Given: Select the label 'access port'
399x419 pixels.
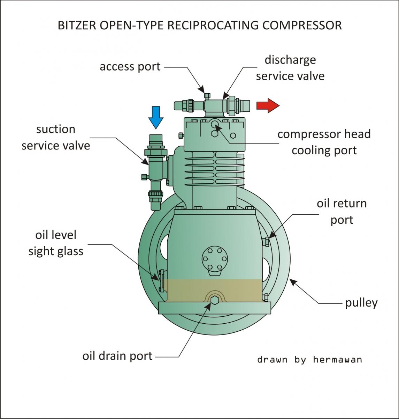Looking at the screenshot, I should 130,66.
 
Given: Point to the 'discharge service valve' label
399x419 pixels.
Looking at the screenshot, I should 290,68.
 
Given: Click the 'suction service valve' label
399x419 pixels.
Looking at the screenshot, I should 56,137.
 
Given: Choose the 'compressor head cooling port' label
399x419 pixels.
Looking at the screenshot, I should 324,142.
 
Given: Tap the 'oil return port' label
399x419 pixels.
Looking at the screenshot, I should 342,212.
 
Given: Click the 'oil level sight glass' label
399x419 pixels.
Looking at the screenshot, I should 56,243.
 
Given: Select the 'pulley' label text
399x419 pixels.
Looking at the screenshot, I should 361,303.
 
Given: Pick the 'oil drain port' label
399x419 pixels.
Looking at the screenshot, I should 117,356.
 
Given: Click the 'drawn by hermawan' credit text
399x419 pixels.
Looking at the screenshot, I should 309,359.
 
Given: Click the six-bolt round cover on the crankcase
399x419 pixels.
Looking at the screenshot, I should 214,259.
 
